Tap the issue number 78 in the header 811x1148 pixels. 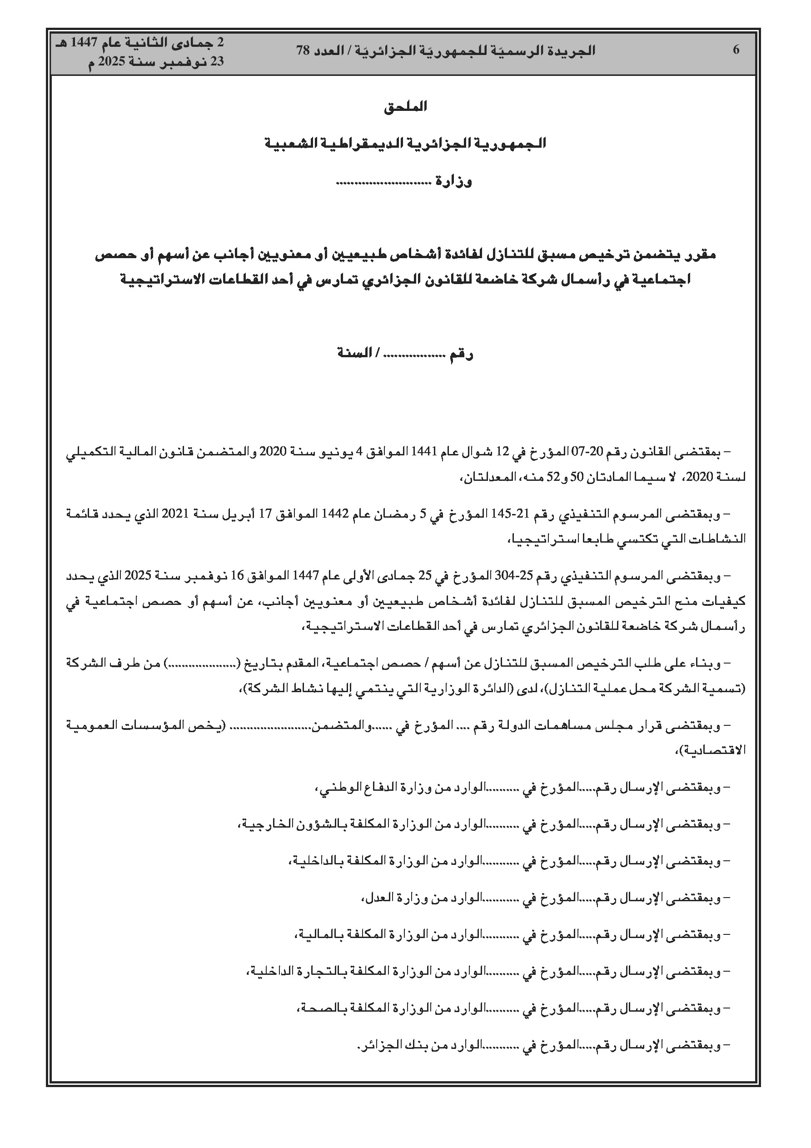click(303, 50)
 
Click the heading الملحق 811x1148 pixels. click(405, 106)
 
